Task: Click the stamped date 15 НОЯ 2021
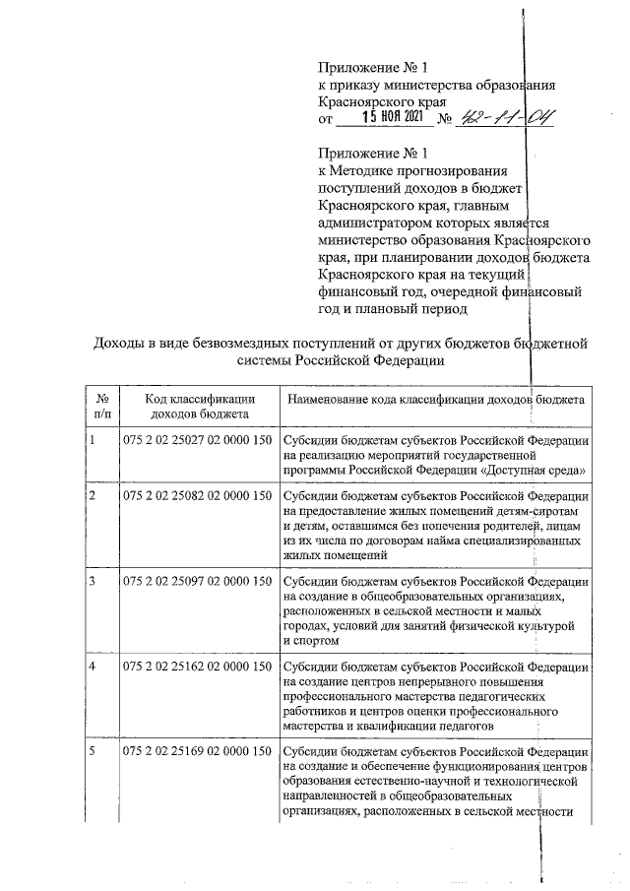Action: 391,119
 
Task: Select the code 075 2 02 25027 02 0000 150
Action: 197,440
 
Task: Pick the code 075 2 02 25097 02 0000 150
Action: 197,581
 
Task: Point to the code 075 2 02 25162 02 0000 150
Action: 197,667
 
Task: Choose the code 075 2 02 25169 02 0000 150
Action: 197,752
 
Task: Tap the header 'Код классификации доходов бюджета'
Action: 198,407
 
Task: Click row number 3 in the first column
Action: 92,581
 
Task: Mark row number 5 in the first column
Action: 92,752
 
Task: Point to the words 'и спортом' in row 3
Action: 310,642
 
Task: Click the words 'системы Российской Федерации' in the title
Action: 340,360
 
